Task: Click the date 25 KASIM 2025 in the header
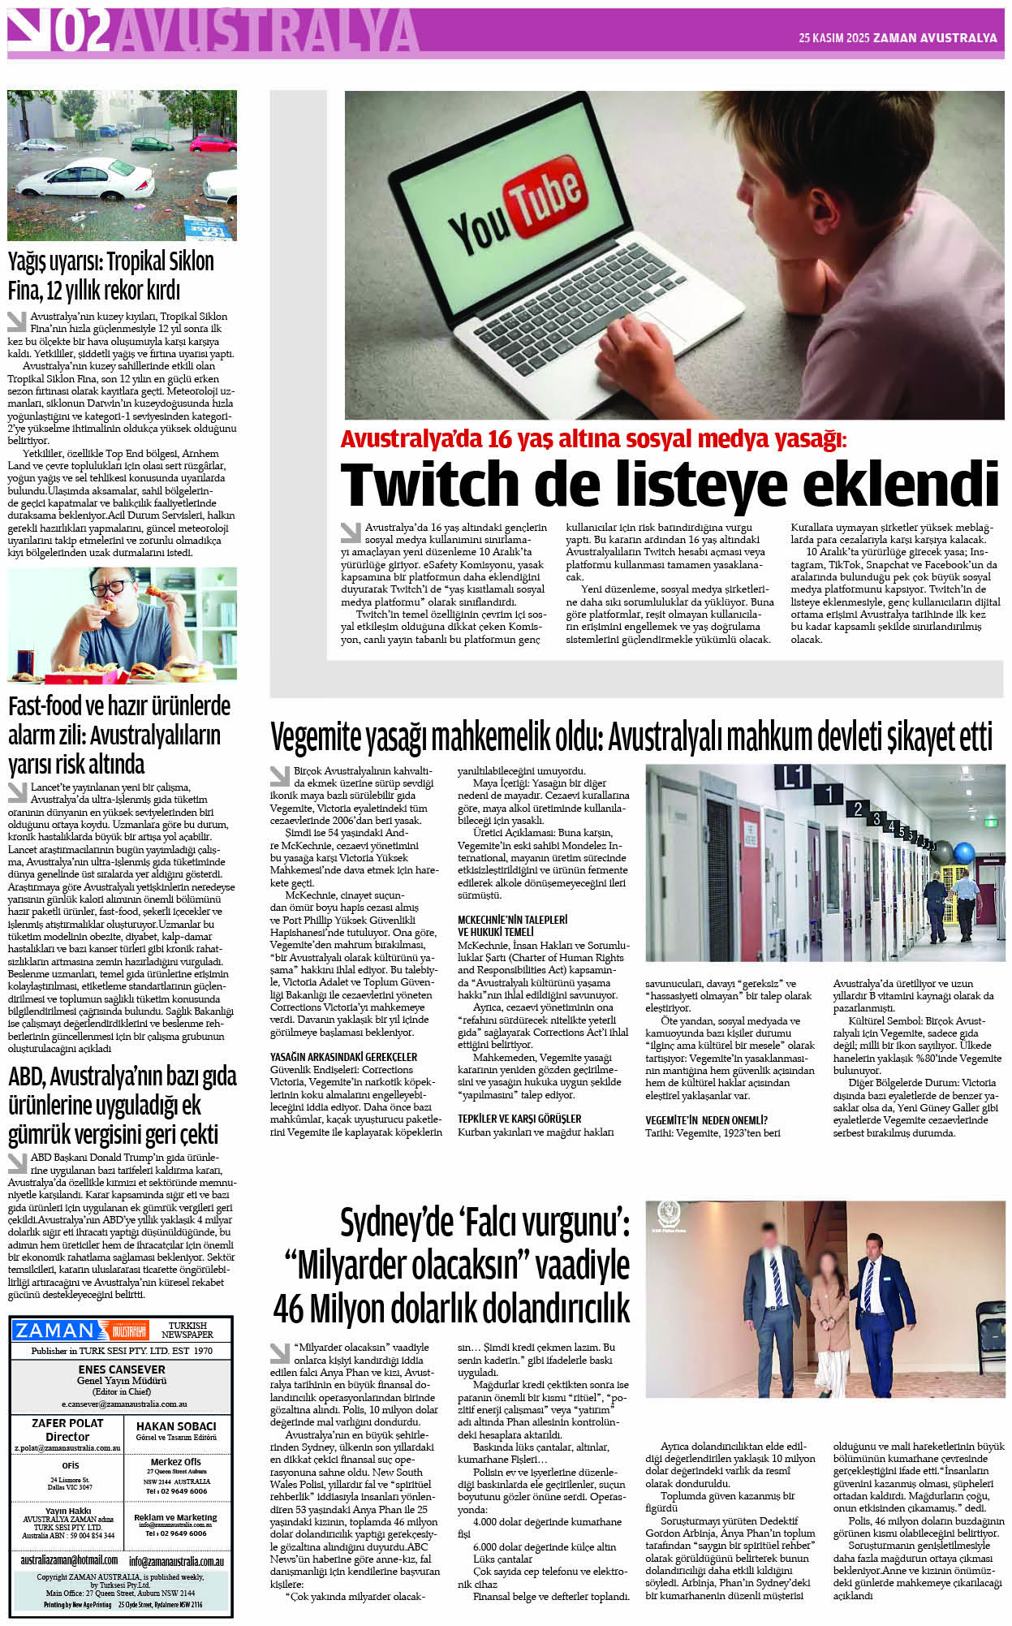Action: pyautogui.click(x=833, y=37)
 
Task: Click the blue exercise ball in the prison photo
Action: pyautogui.click(x=964, y=853)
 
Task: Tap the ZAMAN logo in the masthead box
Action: pyautogui.click(x=55, y=1331)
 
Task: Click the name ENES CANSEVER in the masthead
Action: pyautogui.click(x=122, y=1369)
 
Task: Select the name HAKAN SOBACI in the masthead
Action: pyautogui.click(x=176, y=1425)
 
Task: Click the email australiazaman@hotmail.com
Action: pyautogui.click(x=69, y=1559)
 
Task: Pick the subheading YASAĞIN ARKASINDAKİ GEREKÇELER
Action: pyautogui.click(x=343, y=1056)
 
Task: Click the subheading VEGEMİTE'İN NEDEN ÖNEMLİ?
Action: pyautogui.click(x=706, y=1119)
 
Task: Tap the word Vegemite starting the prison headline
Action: pyautogui.click(x=316, y=738)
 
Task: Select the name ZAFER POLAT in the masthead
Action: pyautogui.click(x=67, y=1422)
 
